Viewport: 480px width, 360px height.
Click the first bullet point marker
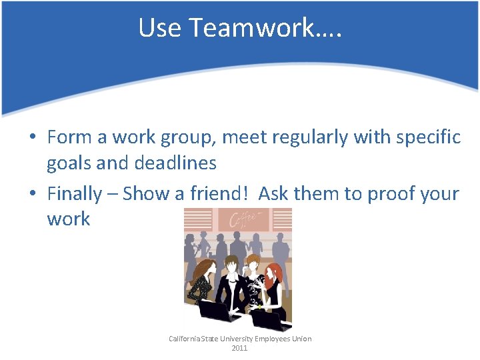coord(32,138)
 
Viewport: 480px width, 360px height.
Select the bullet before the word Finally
coord(32,195)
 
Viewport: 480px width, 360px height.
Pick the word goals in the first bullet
coord(69,163)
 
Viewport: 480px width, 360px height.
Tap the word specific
coord(427,138)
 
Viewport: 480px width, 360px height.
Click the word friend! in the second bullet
coord(218,194)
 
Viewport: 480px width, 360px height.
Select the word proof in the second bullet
coord(382,195)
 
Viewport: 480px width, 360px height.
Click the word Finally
coord(74,194)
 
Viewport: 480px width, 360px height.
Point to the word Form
coord(69,138)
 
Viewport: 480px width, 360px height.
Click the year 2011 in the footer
coord(239,348)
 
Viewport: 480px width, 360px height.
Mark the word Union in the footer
coord(301,339)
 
